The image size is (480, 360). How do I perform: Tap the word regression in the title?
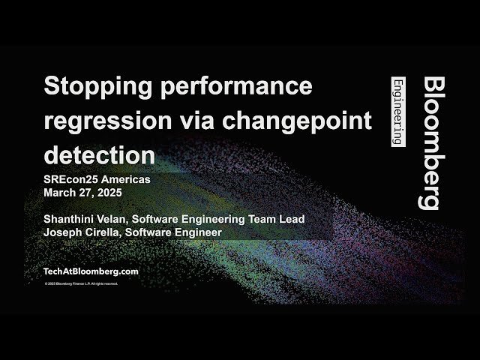click(x=97, y=121)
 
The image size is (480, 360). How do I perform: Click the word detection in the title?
click(x=99, y=155)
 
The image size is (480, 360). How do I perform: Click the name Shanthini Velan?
click(x=85, y=218)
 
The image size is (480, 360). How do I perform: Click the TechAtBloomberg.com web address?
click(x=91, y=271)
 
